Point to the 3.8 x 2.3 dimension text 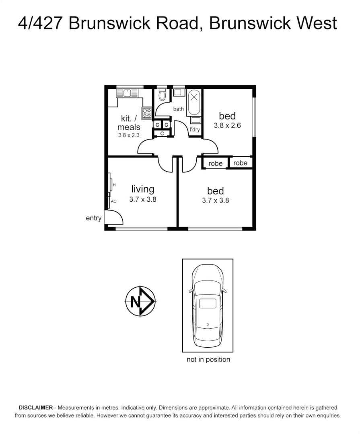(129, 135)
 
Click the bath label (178, 109)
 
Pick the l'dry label (195, 129)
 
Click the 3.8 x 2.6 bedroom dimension (227, 125)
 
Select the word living (143, 189)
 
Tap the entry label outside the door (94, 218)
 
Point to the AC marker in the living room (113, 201)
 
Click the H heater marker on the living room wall (114, 185)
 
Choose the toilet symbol (162, 95)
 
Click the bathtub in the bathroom (194, 102)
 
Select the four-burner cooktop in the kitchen (146, 113)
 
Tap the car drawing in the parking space (207, 305)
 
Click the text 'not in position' (208, 359)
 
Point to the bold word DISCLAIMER (35, 407)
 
